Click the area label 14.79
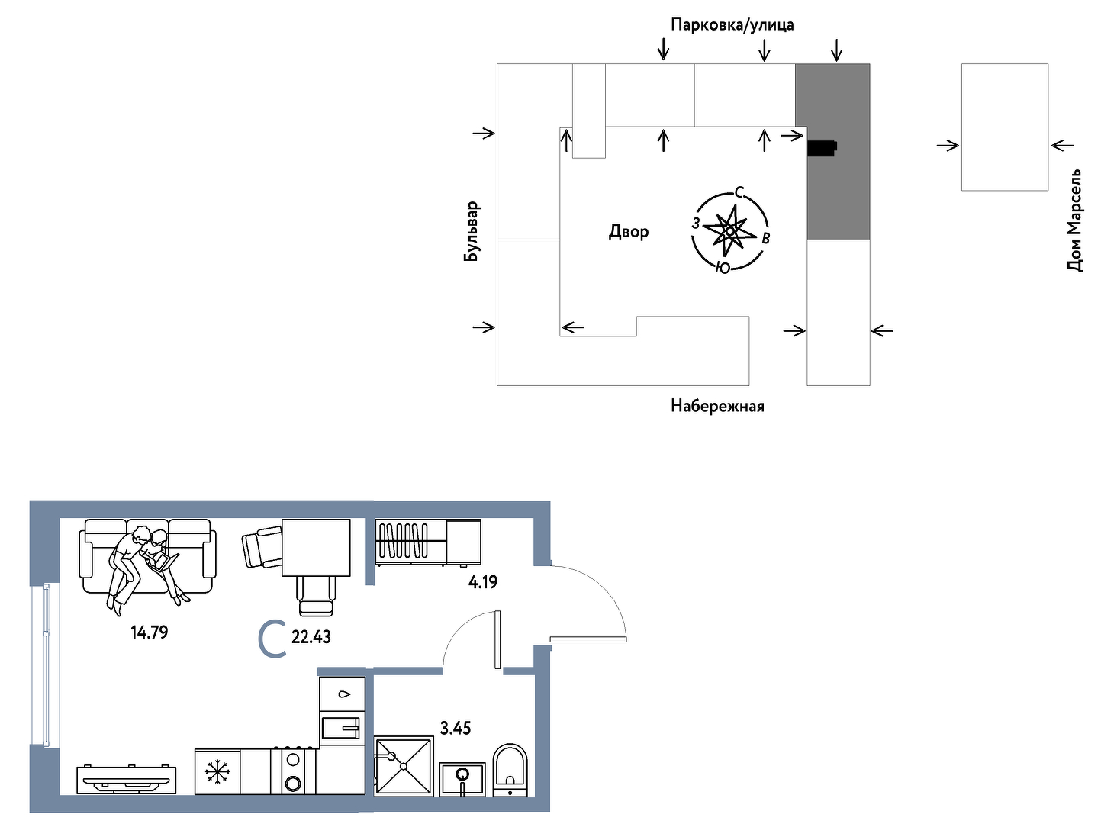click(x=149, y=632)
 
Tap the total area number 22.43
click(x=311, y=637)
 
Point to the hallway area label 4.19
click(x=482, y=582)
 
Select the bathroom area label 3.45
click(x=456, y=728)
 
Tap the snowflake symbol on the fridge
click(x=217, y=772)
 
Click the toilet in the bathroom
click(x=510, y=770)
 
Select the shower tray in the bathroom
click(x=404, y=766)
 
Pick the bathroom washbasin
click(x=462, y=779)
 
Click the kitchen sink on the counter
click(x=341, y=728)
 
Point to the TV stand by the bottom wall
click(x=127, y=780)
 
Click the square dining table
click(x=316, y=548)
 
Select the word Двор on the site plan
click(x=629, y=232)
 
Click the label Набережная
click(x=717, y=406)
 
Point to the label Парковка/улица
click(x=732, y=24)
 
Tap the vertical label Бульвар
click(x=471, y=231)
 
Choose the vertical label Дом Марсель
click(x=1074, y=220)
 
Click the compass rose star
click(x=729, y=231)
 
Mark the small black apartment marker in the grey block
click(x=822, y=148)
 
